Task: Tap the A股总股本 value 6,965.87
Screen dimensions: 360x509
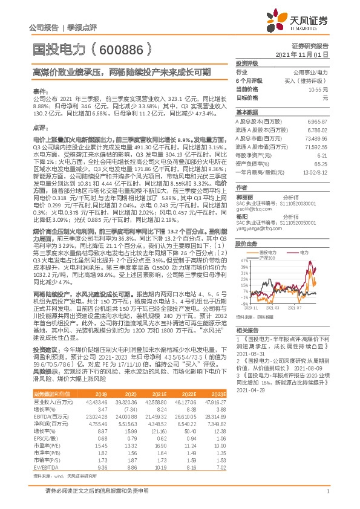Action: coord(317,122)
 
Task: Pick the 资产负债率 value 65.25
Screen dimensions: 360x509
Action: coord(321,164)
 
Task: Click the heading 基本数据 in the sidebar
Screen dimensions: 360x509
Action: coord(246,113)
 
